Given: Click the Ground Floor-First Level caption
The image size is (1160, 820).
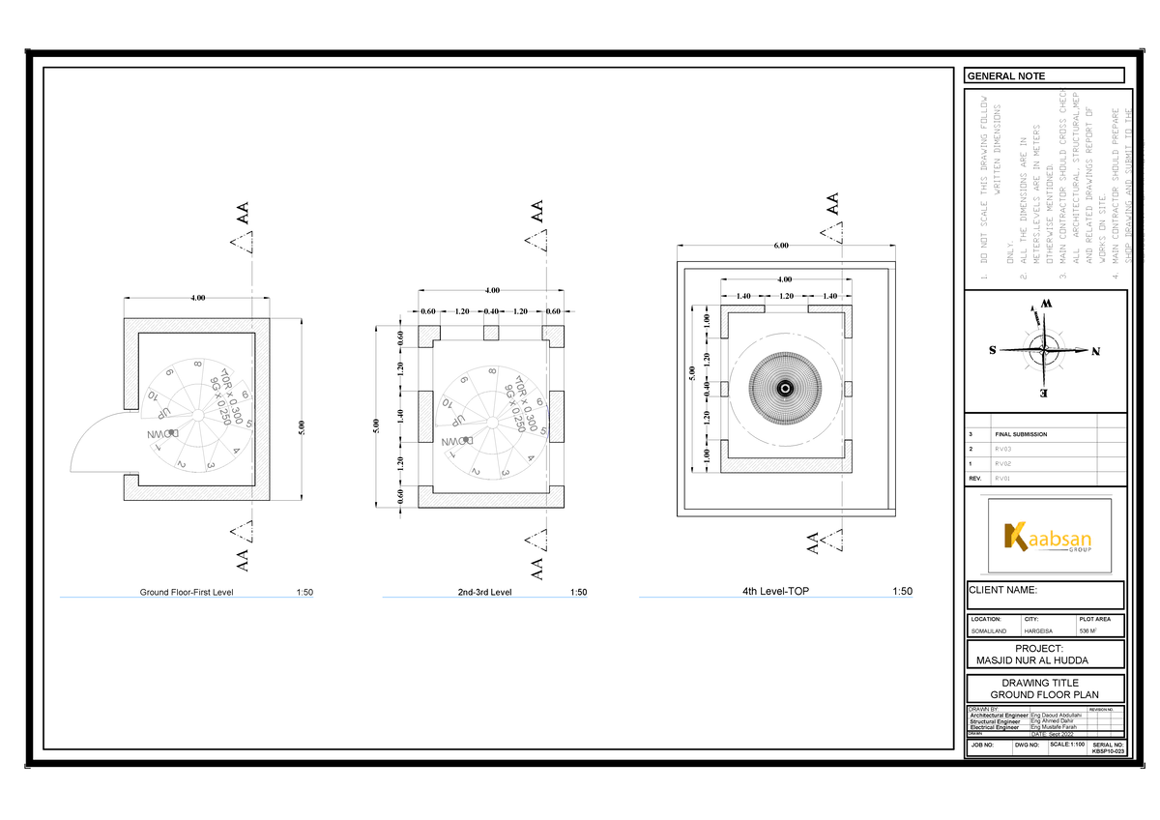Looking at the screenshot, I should (187, 592).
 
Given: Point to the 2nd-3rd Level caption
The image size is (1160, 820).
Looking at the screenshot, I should (484, 592).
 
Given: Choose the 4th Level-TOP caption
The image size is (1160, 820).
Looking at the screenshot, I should (769, 591).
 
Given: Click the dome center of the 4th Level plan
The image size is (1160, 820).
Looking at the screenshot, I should (786, 388).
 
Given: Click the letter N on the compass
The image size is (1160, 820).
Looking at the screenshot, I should (1096, 351).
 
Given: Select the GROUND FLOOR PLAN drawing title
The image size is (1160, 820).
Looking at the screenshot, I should (1046, 695).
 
